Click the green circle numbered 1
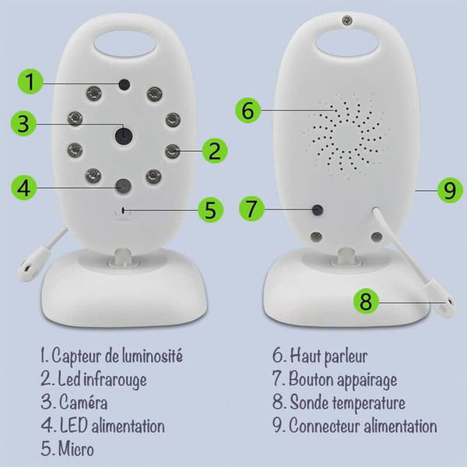point(29,81)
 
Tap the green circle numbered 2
point(213,150)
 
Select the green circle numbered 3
point(25,123)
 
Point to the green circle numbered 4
point(25,188)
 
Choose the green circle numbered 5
point(209,209)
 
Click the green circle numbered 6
point(248,111)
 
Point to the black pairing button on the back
point(317,209)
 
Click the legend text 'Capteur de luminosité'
point(117,356)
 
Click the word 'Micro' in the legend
point(76,449)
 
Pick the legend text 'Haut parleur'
point(328,356)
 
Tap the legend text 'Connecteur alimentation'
point(363,426)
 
